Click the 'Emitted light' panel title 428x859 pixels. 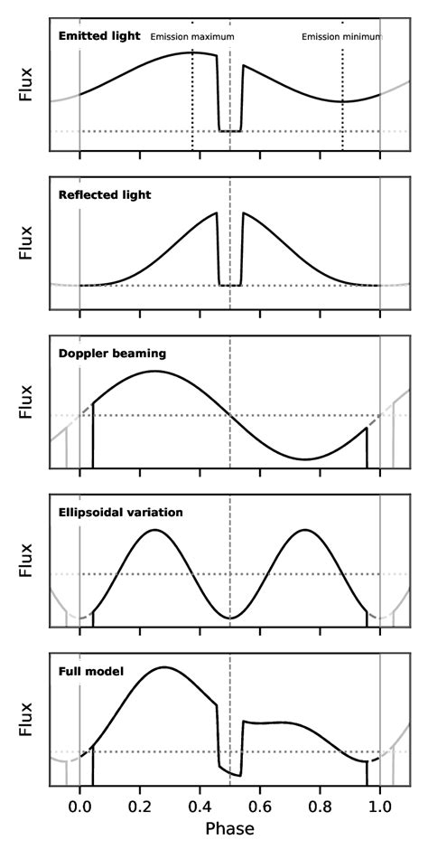98,36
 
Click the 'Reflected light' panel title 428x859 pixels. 104,194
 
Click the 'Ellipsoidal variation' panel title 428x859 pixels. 120,512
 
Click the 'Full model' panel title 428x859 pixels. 90,671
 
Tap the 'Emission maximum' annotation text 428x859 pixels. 191,37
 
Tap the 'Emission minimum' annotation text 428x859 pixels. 341,37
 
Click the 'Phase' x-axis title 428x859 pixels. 230,828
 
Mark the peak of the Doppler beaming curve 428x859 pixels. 154,371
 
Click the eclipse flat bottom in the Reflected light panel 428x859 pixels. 230,286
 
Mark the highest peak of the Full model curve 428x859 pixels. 163,667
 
